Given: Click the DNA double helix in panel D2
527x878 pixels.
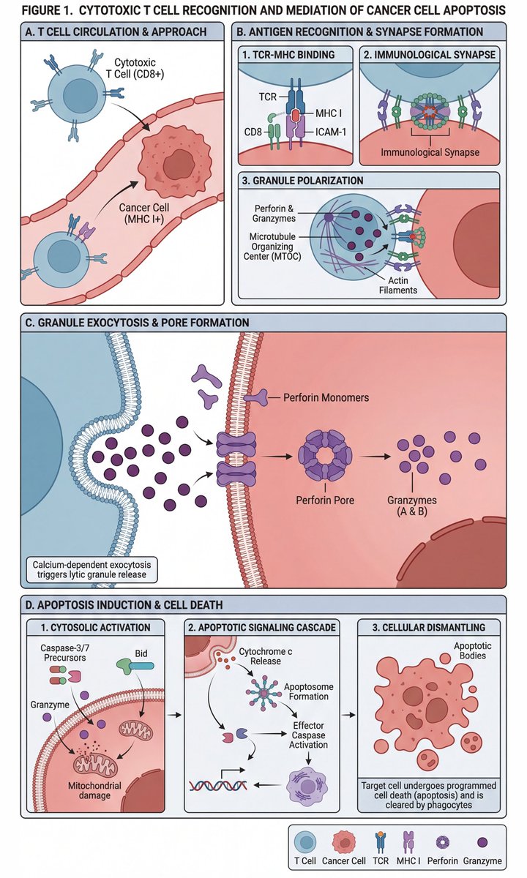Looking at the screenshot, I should click(x=217, y=786).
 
